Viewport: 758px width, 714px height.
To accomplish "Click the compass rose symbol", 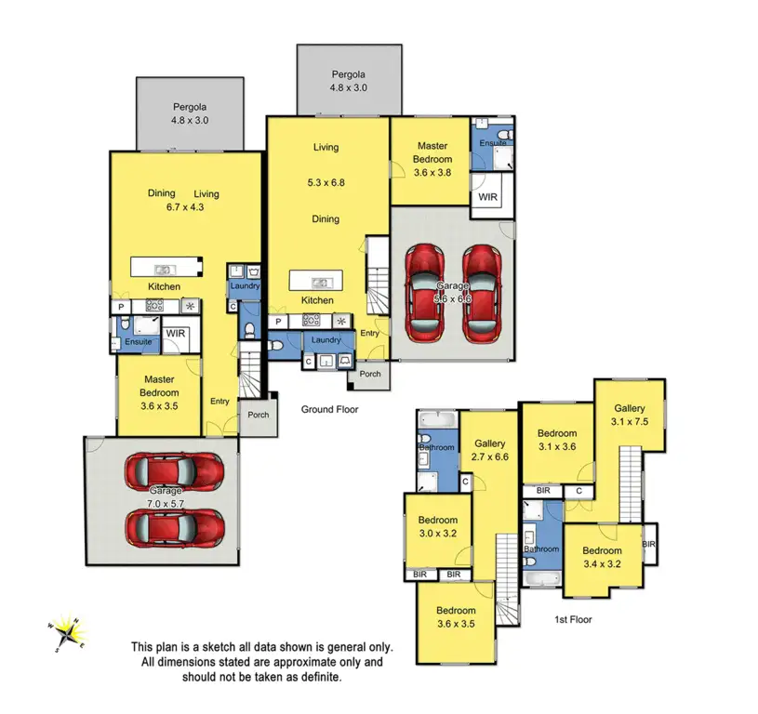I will (x=66, y=634).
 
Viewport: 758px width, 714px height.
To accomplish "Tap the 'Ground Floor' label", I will (x=329, y=408).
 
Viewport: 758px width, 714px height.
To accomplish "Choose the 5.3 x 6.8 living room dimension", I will (x=326, y=183).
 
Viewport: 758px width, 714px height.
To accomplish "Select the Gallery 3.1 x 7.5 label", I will (x=629, y=416).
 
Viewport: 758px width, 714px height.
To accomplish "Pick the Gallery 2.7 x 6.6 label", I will (x=489, y=451).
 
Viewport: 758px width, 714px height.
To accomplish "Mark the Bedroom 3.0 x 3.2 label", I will (x=436, y=526).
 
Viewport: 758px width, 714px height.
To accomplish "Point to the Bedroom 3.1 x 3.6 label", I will (x=557, y=440).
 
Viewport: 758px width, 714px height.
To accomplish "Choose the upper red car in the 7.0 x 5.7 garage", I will (x=174, y=472).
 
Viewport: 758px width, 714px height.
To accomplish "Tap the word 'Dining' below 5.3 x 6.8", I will (x=326, y=219).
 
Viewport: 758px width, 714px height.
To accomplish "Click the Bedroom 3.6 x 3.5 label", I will (x=456, y=617).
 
